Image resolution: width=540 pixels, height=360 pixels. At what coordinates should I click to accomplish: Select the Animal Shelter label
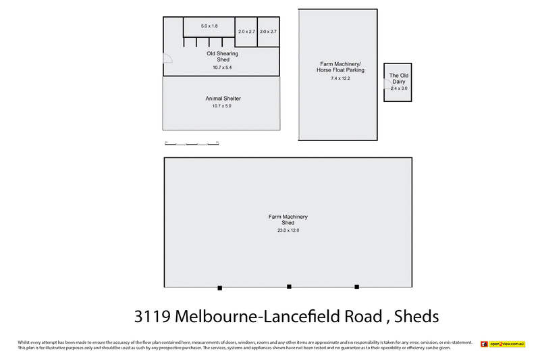coord(223,99)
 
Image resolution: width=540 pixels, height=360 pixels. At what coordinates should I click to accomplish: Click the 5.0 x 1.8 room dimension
coord(209,26)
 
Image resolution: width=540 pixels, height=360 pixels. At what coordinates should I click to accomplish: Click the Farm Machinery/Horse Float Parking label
coord(341,68)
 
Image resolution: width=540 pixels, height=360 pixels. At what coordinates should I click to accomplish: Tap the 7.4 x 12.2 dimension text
coord(341,79)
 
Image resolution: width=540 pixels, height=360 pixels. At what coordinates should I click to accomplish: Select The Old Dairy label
coord(398,79)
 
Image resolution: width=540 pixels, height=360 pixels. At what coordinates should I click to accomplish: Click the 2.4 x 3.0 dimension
coord(400,88)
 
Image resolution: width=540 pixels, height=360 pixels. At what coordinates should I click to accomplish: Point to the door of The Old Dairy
coord(387,84)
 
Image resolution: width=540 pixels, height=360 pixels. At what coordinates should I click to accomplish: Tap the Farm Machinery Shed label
coord(288,220)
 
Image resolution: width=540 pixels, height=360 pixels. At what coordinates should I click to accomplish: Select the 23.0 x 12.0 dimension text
coord(288,230)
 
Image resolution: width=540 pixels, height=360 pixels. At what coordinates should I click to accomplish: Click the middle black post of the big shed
coord(289,287)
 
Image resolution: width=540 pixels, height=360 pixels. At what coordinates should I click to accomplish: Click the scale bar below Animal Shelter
coord(192,143)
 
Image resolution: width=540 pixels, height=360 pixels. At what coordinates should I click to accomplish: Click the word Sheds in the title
coord(416,316)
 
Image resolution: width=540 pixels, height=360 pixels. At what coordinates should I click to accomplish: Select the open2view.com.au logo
coord(502,344)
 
